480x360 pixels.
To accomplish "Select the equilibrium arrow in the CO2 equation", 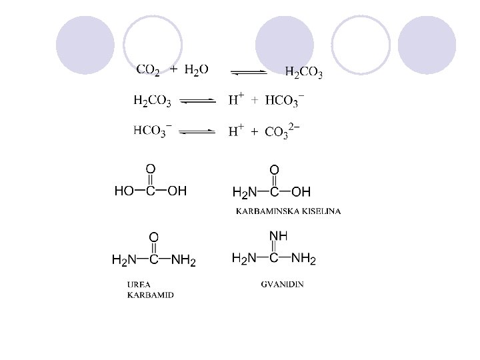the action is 249,71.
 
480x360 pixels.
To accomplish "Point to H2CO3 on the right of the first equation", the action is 304,72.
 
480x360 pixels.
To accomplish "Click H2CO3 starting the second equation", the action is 153,101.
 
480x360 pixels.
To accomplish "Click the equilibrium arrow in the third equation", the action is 198,131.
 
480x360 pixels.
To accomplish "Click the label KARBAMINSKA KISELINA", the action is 289,211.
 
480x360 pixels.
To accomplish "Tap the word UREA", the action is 139,284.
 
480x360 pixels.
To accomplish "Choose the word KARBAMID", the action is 150,295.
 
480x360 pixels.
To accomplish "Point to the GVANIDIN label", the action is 282,284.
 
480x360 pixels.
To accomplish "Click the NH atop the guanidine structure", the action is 277,235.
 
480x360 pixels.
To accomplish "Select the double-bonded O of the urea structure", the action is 153,237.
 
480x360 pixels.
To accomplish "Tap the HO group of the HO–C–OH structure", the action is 124,191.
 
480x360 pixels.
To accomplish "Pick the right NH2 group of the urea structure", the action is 184,260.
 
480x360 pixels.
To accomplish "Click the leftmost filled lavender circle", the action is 85,45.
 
